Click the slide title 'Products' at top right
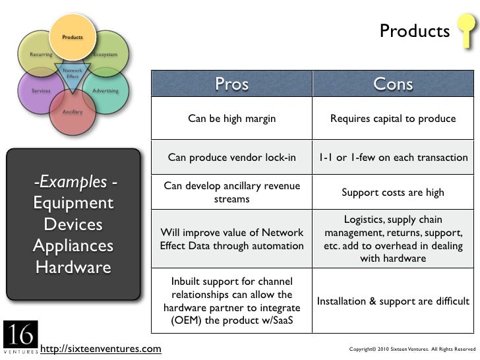click(414, 31)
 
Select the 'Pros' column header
click(231, 84)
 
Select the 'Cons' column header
click(393, 84)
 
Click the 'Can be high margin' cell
click(231, 119)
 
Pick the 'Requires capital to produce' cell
click(393, 119)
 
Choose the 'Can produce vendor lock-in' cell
click(231, 158)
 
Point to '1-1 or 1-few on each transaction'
click(393, 158)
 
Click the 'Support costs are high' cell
click(393, 193)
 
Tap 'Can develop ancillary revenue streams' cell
click(231, 193)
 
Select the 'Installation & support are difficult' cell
click(393, 301)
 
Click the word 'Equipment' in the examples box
click(74, 203)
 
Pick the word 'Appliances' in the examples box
click(73, 246)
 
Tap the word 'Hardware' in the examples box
click(73, 268)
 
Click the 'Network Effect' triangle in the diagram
click(72, 74)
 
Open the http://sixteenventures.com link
click(100, 348)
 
